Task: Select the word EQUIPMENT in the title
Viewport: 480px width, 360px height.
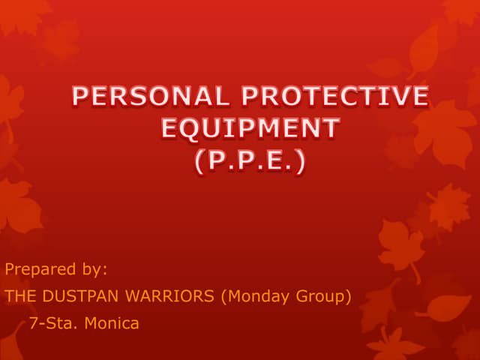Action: pos(250,129)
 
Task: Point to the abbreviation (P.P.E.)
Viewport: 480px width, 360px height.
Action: pos(250,161)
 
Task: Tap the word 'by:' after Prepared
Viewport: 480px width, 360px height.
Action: pos(94,268)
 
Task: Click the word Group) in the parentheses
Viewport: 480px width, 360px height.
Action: pos(325,296)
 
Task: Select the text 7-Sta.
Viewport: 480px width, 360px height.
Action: pos(50,324)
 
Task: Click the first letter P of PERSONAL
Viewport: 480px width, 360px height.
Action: pos(81,97)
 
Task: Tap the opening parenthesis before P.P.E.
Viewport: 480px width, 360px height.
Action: pos(199,162)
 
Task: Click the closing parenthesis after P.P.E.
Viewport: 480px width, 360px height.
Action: pos(301,162)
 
